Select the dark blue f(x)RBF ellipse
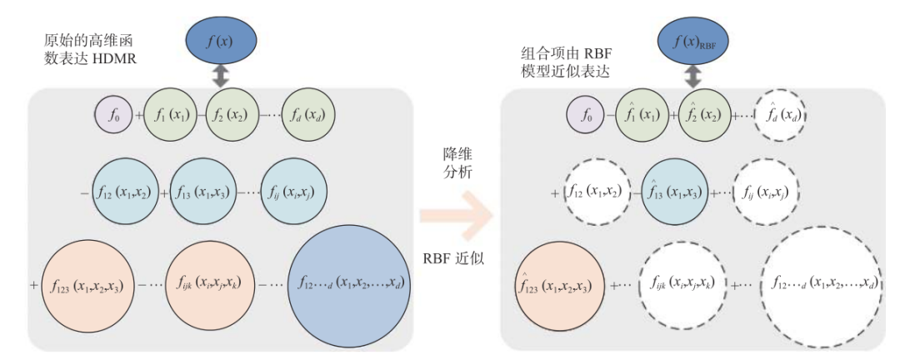click(x=692, y=39)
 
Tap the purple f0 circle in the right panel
click(x=587, y=112)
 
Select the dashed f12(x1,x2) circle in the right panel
click(x=597, y=193)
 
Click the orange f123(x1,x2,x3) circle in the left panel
click(x=87, y=283)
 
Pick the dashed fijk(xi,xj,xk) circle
click(x=677, y=284)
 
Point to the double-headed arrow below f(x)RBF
click(x=692, y=78)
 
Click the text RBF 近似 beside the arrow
click(x=457, y=259)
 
